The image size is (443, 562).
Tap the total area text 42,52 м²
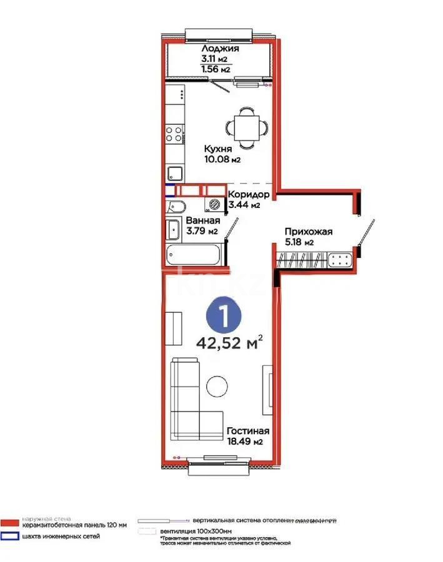coord(229,343)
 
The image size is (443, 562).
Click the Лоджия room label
coord(219,49)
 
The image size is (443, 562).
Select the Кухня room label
coord(218,149)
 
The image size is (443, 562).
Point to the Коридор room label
coord(248,194)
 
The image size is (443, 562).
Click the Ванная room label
coord(202,221)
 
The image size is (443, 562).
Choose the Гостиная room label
coord(248,431)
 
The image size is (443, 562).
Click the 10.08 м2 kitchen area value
coord(222,159)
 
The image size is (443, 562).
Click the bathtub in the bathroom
coord(193,254)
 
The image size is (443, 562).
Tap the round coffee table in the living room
coord(217,385)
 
